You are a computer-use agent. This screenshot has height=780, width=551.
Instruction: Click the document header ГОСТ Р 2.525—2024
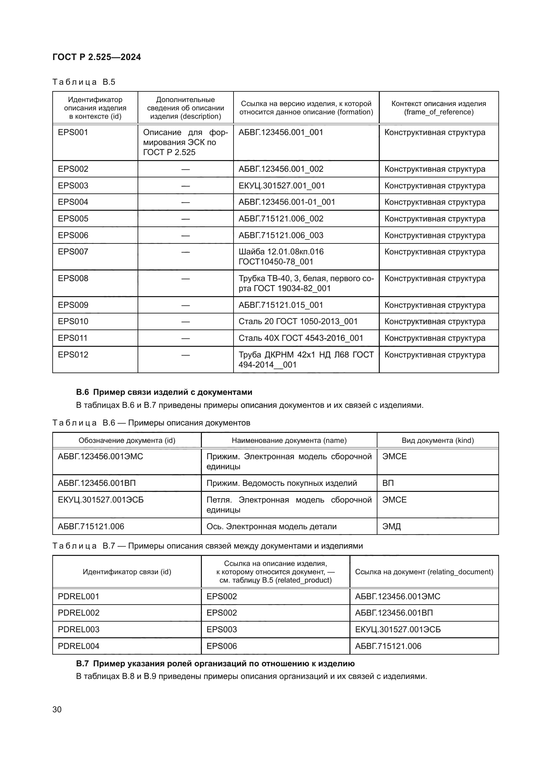(97, 57)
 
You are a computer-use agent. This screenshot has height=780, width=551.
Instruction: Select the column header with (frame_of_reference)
(438, 108)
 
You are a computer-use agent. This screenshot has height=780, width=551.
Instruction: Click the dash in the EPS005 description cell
(185, 219)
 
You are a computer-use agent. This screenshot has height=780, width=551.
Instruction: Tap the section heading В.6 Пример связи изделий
(164, 392)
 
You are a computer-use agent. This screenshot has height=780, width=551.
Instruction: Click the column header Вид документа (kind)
(438, 440)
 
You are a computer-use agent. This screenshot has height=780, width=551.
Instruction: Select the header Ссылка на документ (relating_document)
(424, 572)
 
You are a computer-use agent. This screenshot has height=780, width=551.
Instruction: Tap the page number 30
(57, 709)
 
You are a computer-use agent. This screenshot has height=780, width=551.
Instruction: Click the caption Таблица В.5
(84, 82)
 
